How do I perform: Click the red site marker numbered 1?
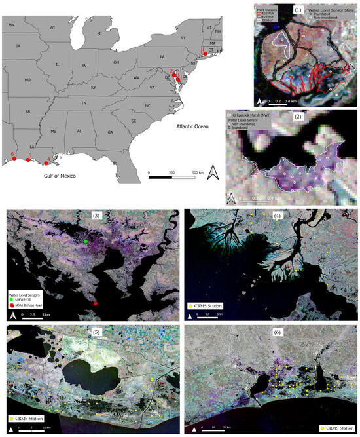(x=206, y=54)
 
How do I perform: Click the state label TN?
(x=84, y=104)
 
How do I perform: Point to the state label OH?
(x=117, y=62)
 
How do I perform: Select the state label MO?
(x=27, y=80)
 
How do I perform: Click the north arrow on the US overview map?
(x=213, y=174)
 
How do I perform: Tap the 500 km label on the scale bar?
(x=196, y=172)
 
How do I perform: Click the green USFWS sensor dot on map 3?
(x=86, y=242)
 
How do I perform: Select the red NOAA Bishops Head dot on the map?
(x=96, y=303)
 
